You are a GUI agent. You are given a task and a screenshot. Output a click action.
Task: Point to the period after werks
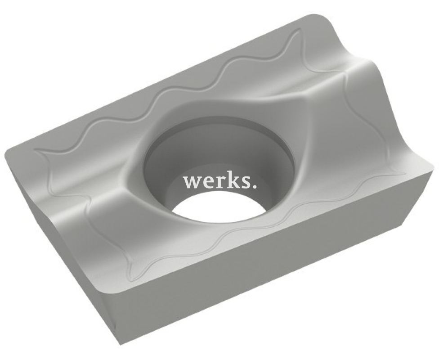(x=254, y=185)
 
